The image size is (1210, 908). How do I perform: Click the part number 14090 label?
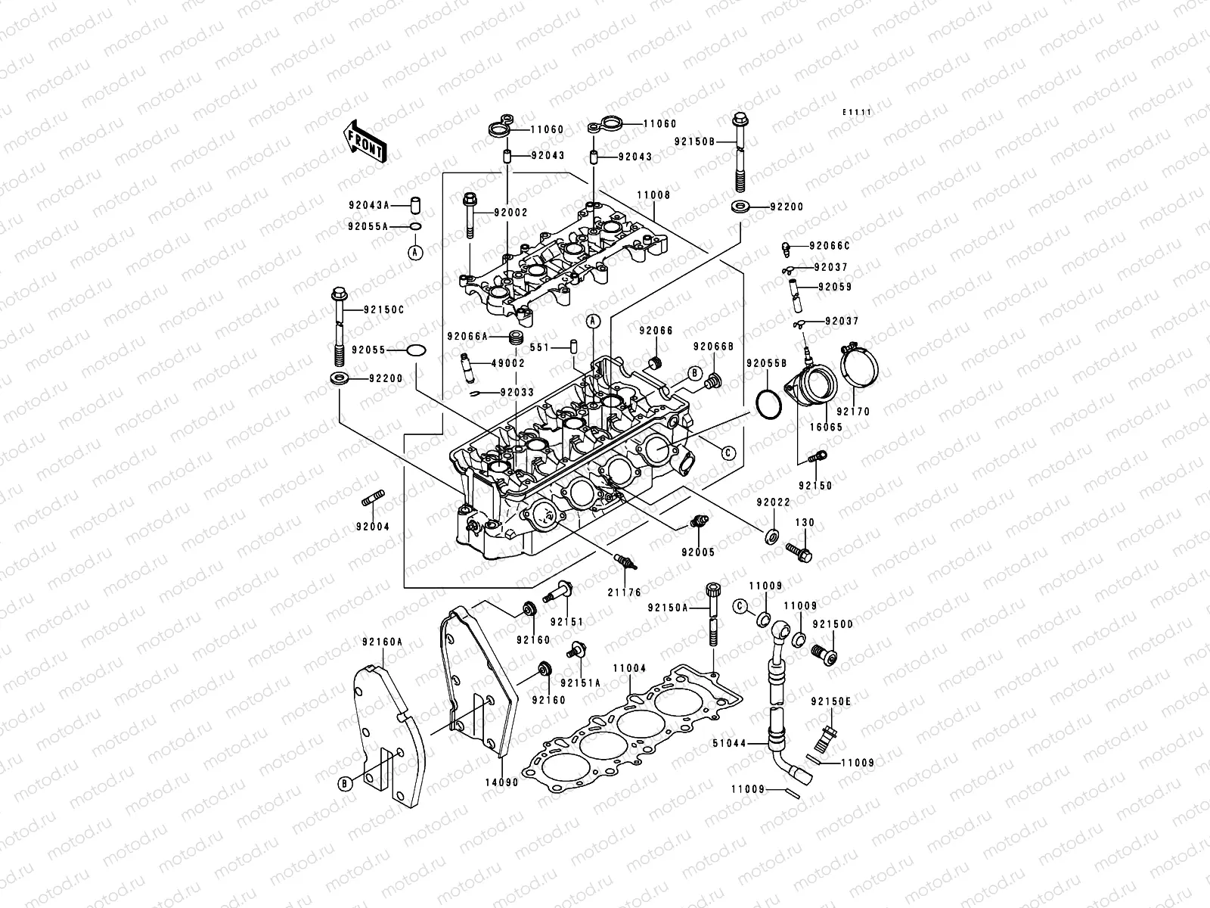pos(501,782)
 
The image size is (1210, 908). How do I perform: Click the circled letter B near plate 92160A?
pos(345,783)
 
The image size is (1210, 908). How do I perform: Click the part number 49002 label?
pos(508,363)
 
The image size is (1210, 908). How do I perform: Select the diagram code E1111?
pos(858,112)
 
